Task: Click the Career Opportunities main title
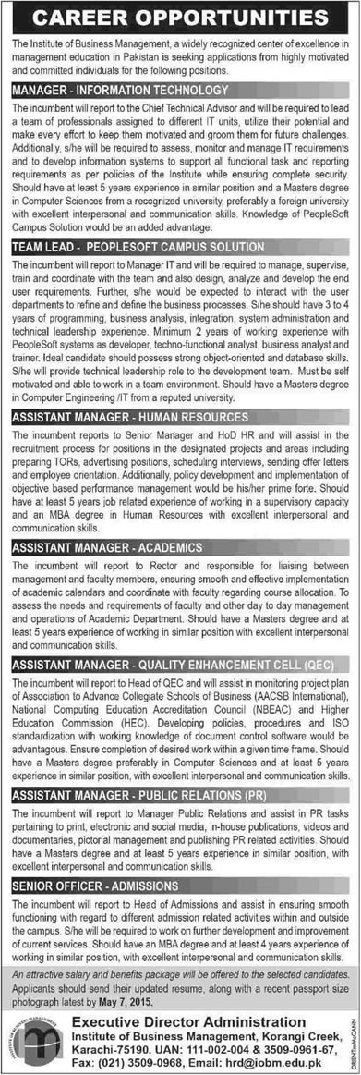[x=181, y=18]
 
